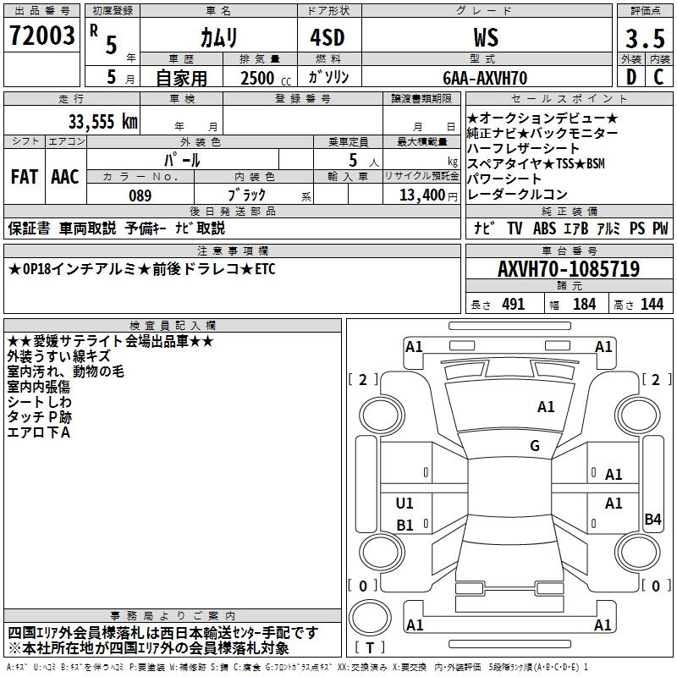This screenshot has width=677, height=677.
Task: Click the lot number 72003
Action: (x=42, y=38)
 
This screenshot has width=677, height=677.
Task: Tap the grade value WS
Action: (x=486, y=38)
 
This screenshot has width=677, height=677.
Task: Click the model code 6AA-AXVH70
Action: (x=486, y=78)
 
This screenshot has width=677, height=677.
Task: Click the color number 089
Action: (x=140, y=195)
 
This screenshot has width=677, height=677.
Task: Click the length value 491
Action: (x=513, y=305)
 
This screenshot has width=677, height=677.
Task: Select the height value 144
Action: (x=652, y=305)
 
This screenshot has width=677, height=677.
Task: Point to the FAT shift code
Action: (x=24, y=177)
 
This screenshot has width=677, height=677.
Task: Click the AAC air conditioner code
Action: (x=65, y=177)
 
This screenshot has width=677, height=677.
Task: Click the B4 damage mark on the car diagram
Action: (x=652, y=519)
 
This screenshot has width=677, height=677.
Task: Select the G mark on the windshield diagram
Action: (x=535, y=446)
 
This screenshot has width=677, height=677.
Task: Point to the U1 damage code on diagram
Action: (x=405, y=504)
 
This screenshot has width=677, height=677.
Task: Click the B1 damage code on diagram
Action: (x=405, y=526)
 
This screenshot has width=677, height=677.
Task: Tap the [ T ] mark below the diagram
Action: (x=370, y=648)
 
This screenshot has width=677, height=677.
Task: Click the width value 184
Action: (x=585, y=305)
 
